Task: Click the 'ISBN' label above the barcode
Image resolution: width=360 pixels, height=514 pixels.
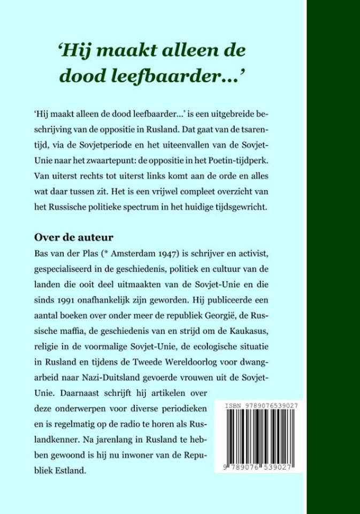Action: click(234, 406)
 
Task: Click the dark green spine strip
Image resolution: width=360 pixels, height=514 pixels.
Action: click(333, 257)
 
